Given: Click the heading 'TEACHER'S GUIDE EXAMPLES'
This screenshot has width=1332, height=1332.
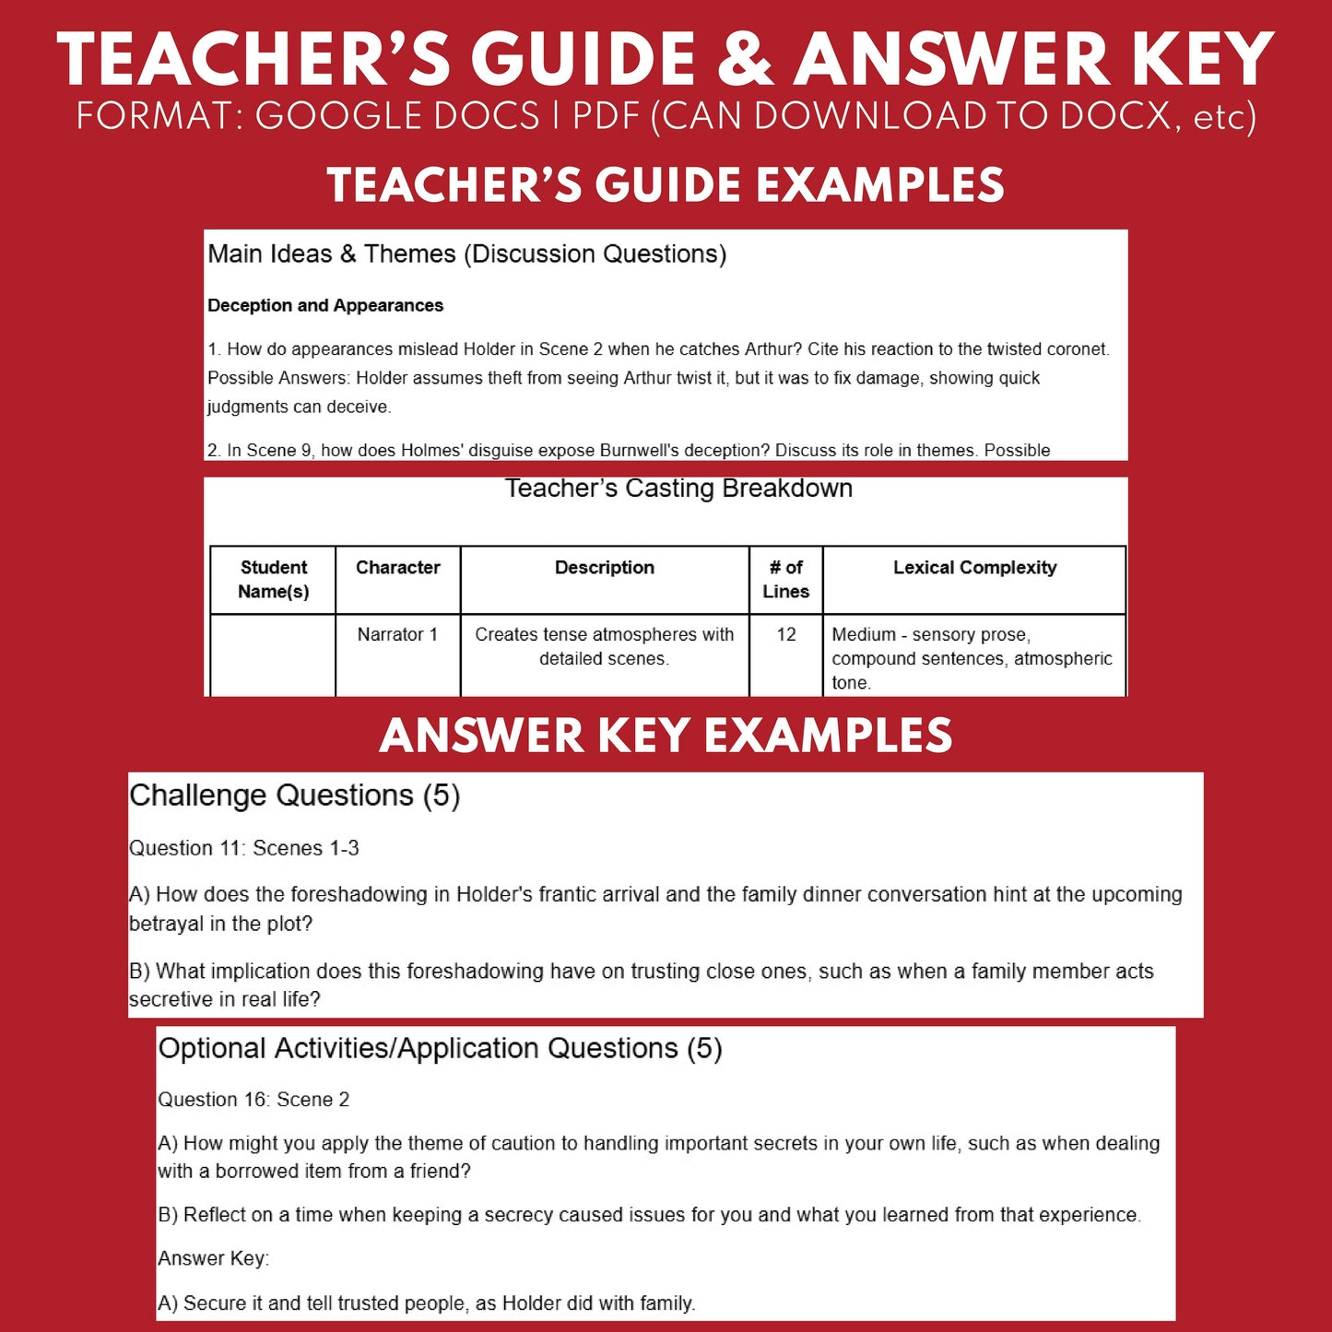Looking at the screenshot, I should point(666,185).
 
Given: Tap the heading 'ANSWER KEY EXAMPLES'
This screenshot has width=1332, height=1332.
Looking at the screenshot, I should point(666,736).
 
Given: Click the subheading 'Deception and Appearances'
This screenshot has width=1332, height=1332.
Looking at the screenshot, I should point(325,305).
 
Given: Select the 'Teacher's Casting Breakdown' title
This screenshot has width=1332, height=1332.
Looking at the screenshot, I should point(678,489).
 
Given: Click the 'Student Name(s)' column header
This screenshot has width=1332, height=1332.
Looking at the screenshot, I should point(273,579).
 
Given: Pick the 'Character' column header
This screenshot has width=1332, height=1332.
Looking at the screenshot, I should point(398,568).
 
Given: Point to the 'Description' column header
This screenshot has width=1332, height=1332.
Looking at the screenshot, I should point(605,568).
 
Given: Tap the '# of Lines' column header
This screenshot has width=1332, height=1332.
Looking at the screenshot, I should point(785,579).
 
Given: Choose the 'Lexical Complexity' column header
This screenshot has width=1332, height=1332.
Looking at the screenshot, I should point(974,568).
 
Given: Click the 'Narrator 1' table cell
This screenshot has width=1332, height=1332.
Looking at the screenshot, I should point(397,634).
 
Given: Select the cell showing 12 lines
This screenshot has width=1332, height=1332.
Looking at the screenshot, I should point(786,634).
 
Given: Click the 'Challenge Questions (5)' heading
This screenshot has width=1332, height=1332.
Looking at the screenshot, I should point(295,796).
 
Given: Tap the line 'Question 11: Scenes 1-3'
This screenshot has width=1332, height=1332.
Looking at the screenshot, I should point(244,848).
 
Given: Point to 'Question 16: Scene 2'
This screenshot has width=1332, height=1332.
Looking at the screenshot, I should point(253,1100).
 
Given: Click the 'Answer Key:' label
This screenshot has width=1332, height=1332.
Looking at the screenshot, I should point(213,1258).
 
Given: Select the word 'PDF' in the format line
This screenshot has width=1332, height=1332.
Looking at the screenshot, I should point(607,117).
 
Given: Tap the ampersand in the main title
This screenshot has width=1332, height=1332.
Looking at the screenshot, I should point(745,60).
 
